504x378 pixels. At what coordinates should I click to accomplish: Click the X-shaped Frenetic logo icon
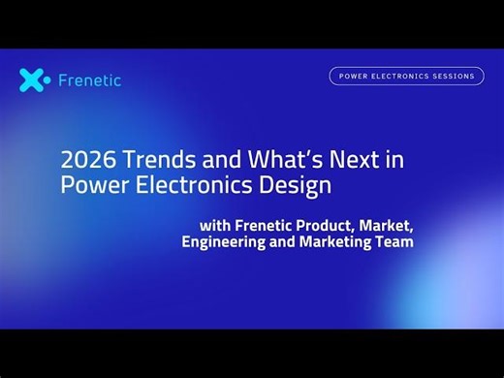pyautogui.click(x=34, y=80)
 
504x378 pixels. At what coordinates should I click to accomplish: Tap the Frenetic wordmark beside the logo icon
pyautogui.click(x=90, y=80)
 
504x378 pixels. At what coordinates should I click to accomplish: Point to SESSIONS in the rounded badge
pyautogui.click(x=455, y=76)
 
